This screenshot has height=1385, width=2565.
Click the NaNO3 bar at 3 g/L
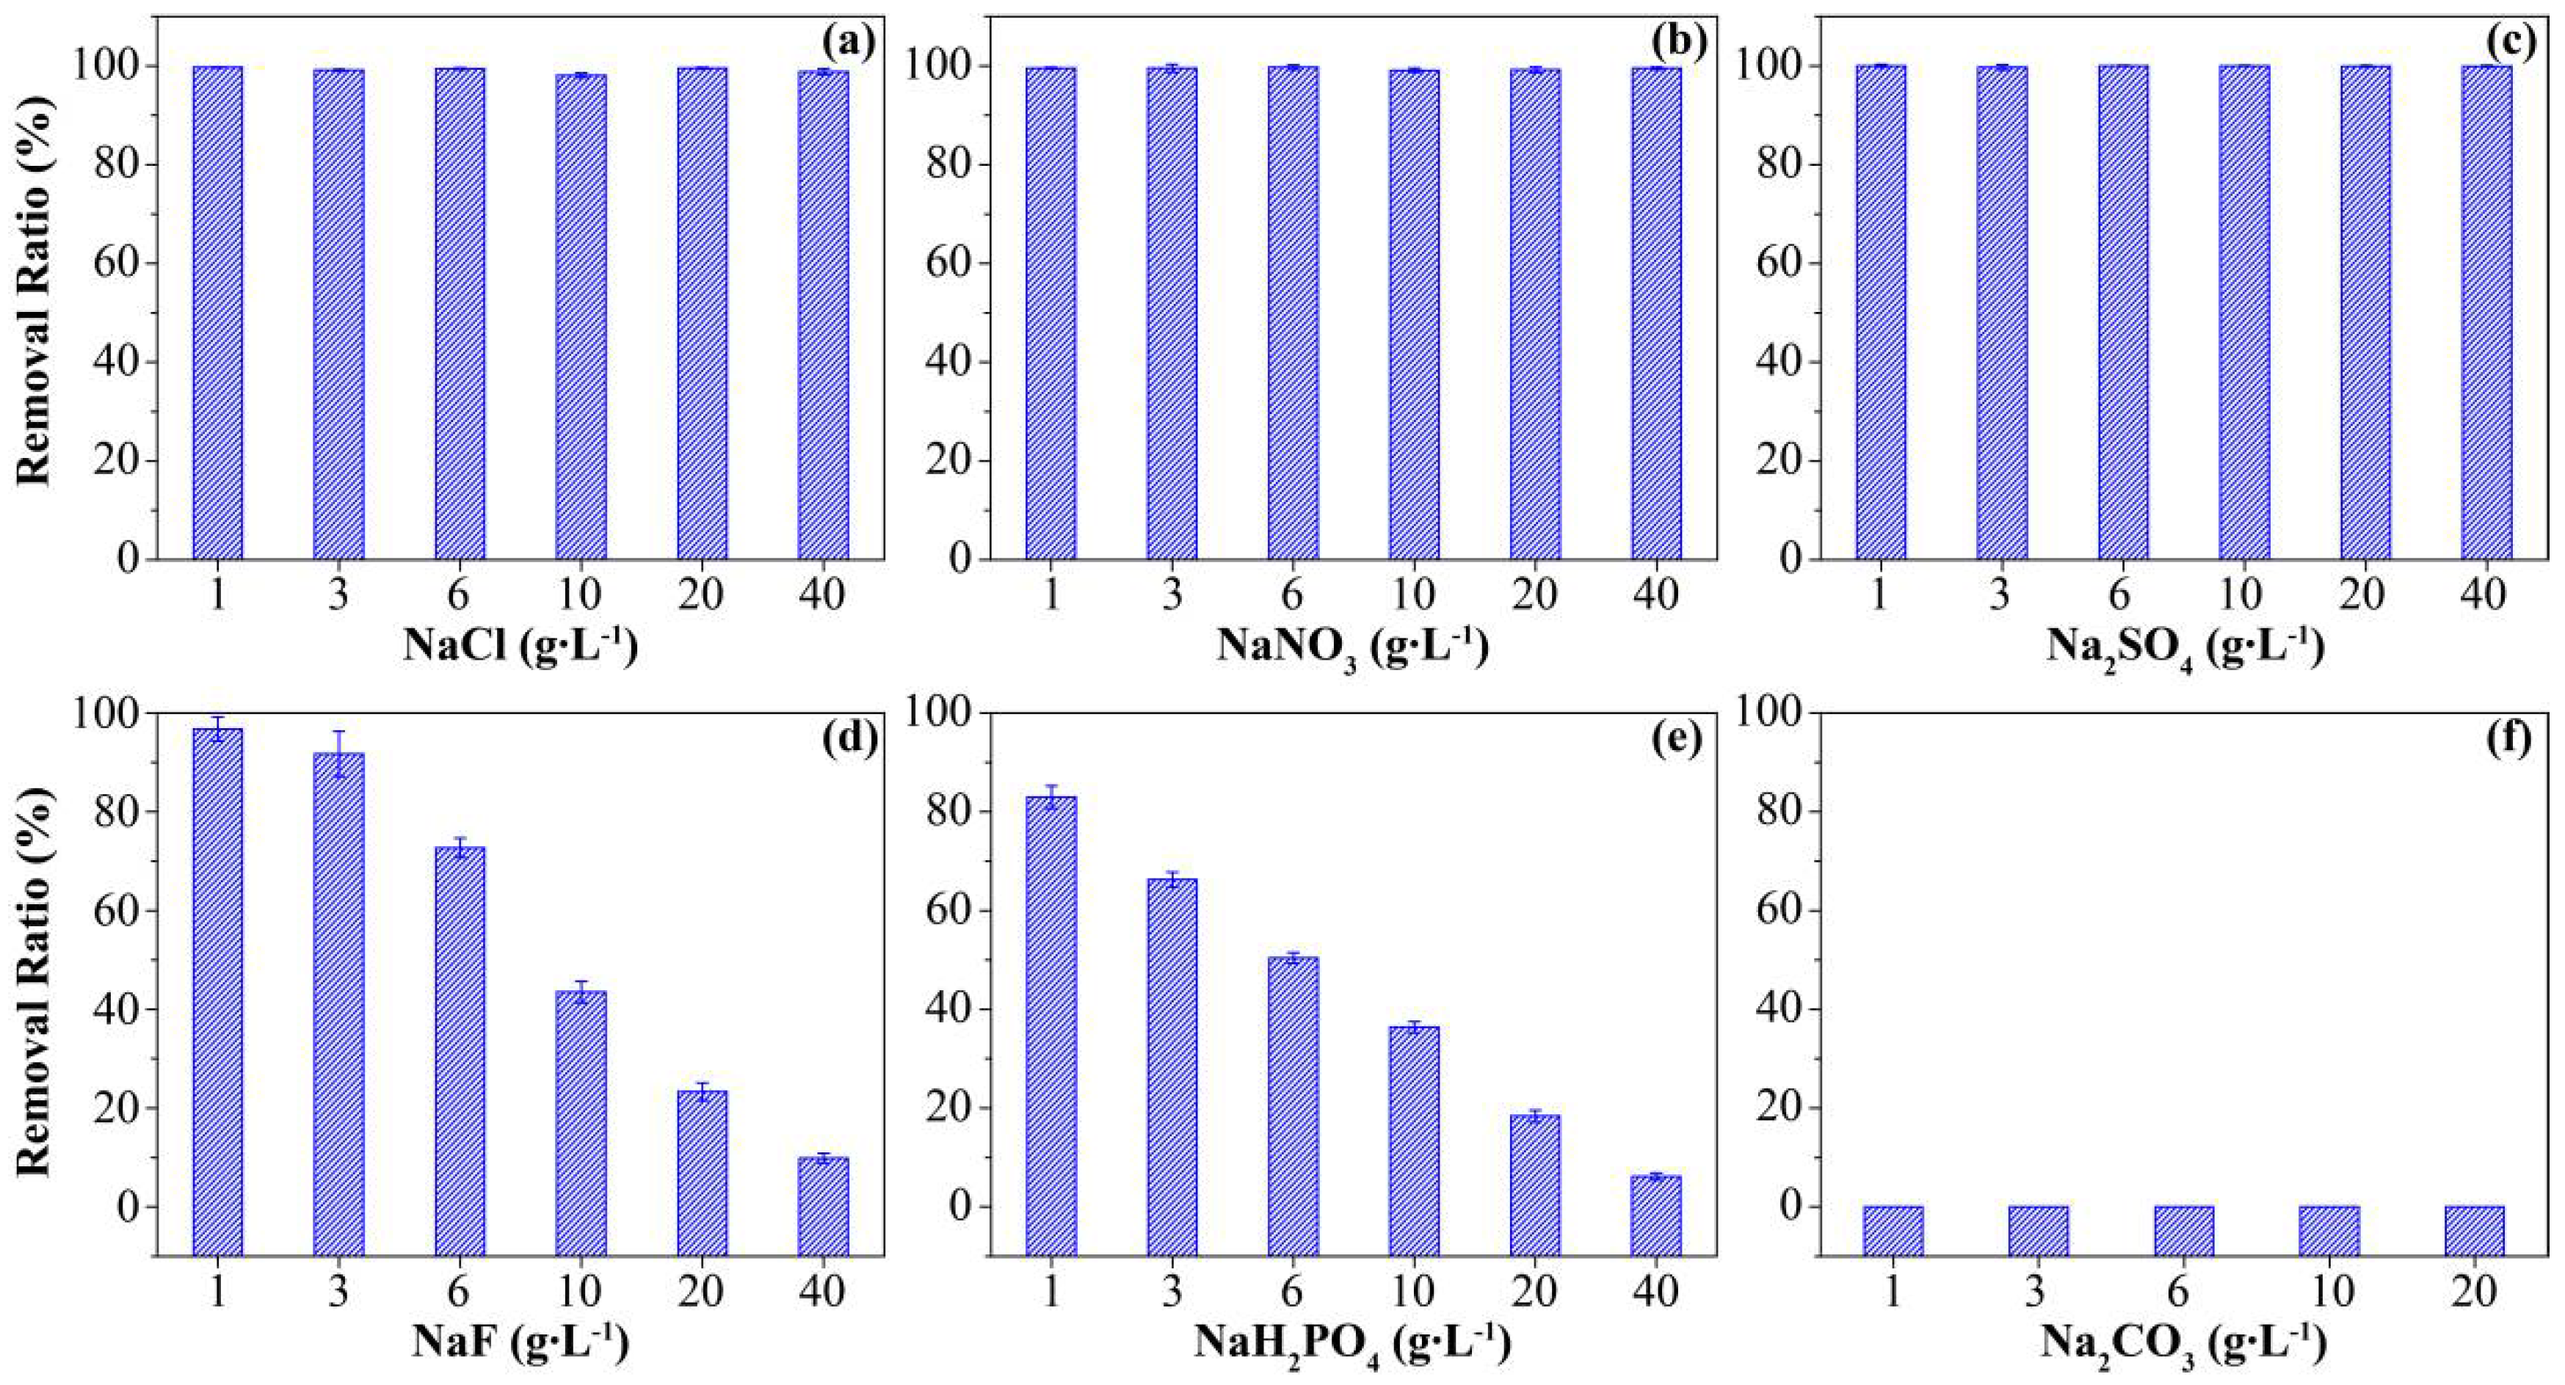coord(1171,313)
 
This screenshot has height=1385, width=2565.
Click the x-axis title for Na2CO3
coord(2184,1344)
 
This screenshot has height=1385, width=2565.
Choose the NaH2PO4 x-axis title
coord(1352,1344)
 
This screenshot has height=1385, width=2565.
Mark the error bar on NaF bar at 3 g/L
coord(338,753)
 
